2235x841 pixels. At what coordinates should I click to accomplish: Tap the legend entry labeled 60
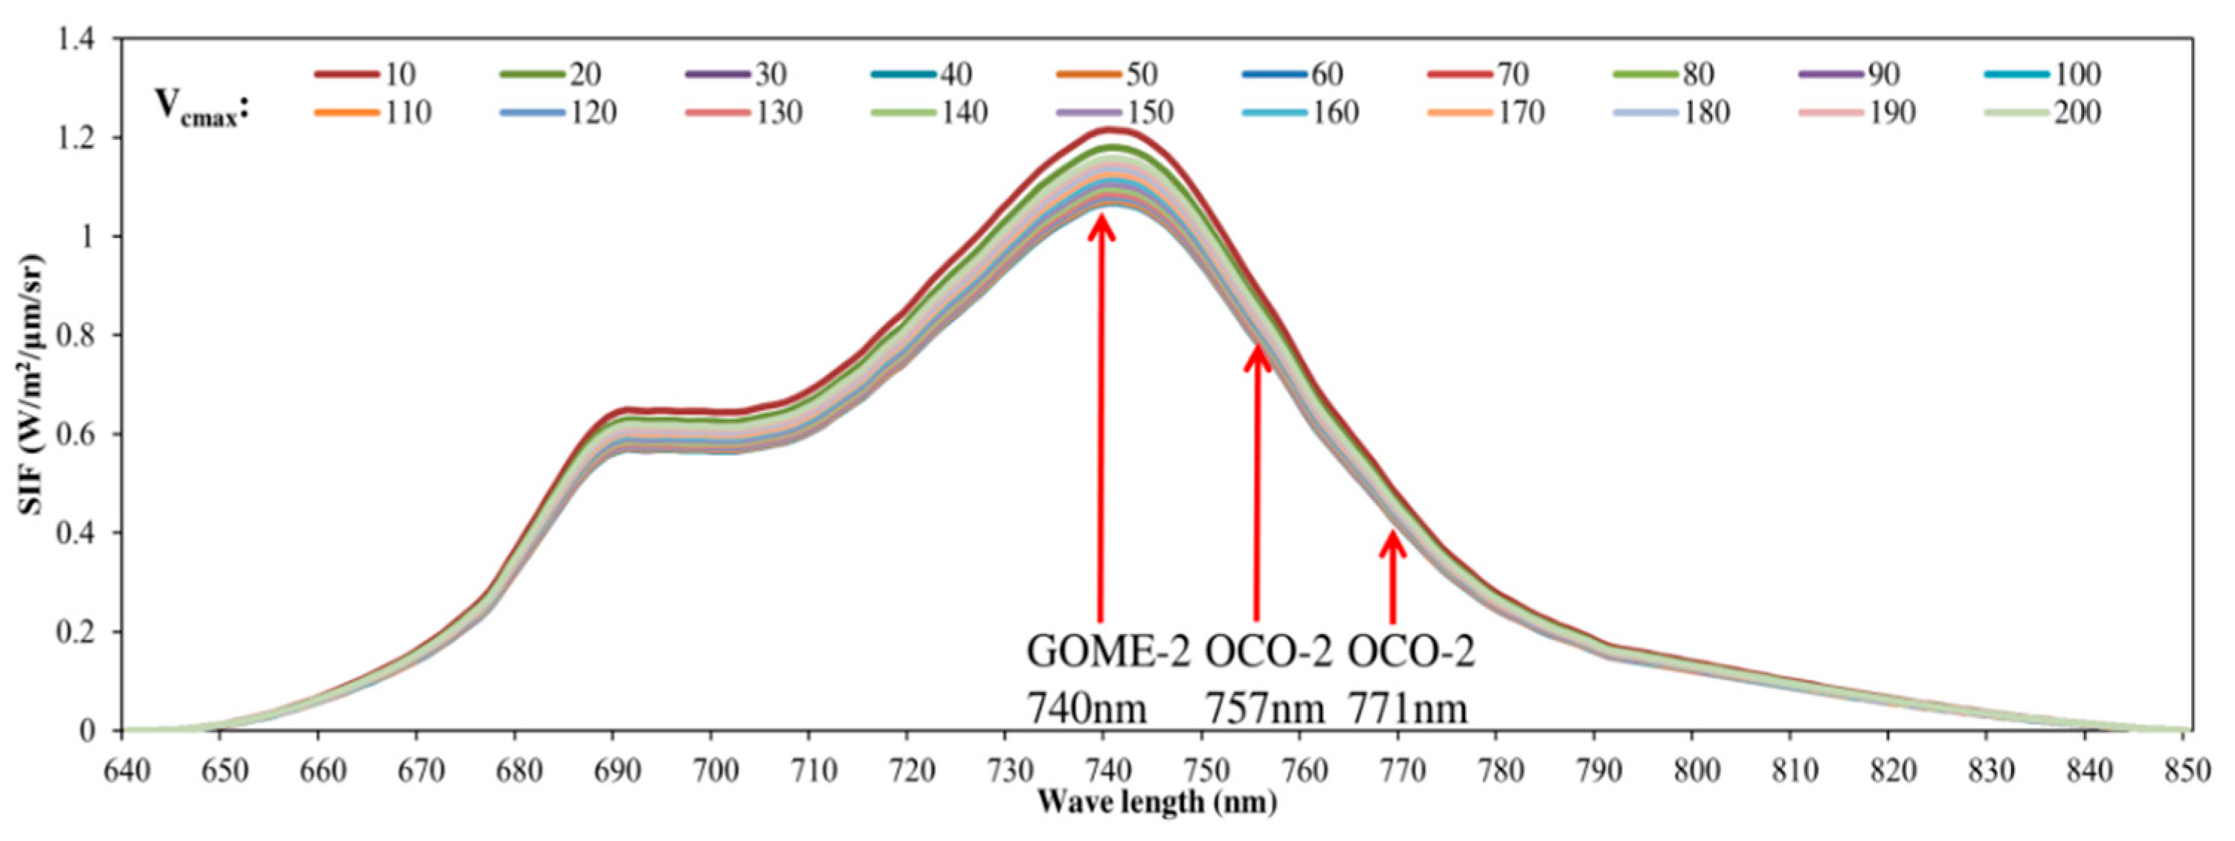[1293, 74]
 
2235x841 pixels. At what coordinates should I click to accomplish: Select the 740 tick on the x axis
[1103, 769]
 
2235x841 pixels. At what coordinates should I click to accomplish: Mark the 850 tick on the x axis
[2183, 769]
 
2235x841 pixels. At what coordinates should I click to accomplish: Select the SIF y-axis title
[32, 383]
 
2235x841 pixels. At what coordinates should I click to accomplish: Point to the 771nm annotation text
[1407, 710]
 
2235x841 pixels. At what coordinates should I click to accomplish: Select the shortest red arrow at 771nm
[1392, 577]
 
